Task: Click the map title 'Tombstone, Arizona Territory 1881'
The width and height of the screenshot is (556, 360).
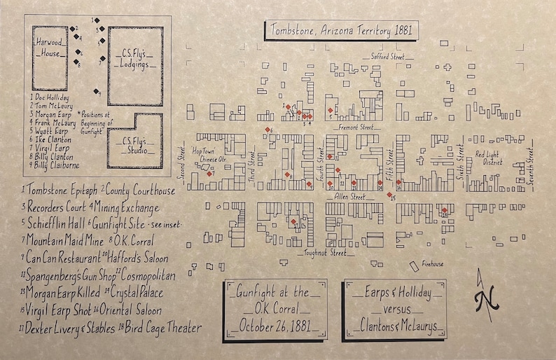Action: click(x=338, y=31)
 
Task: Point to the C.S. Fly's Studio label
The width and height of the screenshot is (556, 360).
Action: click(x=134, y=144)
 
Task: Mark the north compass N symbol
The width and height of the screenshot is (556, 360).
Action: click(x=483, y=299)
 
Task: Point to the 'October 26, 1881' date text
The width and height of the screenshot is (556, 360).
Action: click(x=274, y=326)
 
